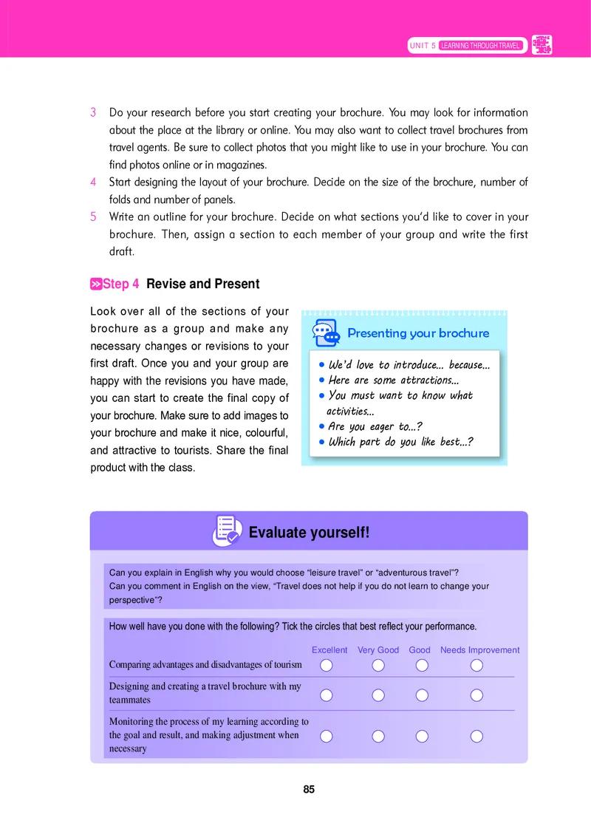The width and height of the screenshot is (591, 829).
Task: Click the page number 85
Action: (x=309, y=789)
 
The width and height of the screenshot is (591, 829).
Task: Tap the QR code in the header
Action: (x=542, y=45)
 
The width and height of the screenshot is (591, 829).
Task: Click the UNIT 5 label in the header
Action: (x=423, y=46)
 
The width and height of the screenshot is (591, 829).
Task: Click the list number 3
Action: (x=94, y=113)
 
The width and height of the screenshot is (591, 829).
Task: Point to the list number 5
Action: (x=94, y=217)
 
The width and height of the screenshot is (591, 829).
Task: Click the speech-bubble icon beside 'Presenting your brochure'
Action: (x=326, y=333)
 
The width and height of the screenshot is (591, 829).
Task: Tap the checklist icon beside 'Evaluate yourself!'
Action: (x=227, y=530)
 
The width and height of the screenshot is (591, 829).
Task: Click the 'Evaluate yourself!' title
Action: (x=309, y=532)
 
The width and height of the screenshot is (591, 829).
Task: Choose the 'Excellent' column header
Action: (x=329, y=650)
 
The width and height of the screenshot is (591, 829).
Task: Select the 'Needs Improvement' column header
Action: (x=479, y=650)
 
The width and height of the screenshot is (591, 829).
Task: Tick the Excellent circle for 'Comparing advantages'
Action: (x=327, y=666)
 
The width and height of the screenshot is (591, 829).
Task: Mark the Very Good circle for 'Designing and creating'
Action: (x=378, y=695)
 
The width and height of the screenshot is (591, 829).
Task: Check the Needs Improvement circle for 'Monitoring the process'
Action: (x=476, y=736)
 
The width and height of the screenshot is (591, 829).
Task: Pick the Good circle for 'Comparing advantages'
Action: (x=422, y=666)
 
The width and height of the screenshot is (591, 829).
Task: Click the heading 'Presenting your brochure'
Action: (x=418, y=333)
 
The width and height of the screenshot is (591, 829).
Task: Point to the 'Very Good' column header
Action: (x=378, y=650)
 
